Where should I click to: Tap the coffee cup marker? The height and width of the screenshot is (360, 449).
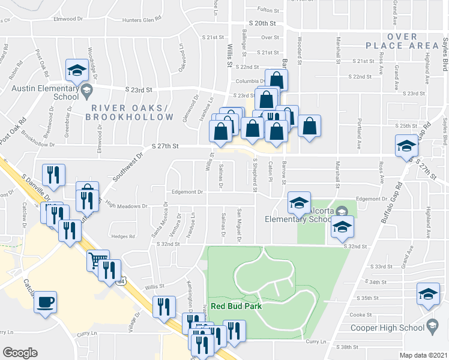tap(46, 301)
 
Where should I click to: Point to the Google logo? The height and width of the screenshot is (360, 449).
tap(20, 353)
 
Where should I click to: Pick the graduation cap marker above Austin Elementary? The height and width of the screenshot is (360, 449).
tap(77, 71)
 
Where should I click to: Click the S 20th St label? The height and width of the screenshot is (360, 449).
tap(264, 23)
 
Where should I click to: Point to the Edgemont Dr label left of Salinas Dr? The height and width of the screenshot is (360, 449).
tap(188, 192)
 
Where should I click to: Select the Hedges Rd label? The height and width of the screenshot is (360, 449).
tap(123, 236)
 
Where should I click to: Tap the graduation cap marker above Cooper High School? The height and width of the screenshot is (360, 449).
tap(428, 294)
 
